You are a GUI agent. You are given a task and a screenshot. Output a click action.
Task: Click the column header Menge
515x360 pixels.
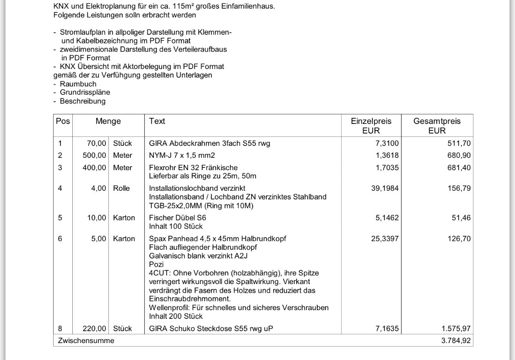click(x=108, y=121)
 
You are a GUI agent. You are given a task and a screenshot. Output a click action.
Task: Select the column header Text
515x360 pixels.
click(x=157, y=121)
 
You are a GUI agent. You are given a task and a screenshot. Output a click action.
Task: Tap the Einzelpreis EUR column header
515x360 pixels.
click(x=371, y=126)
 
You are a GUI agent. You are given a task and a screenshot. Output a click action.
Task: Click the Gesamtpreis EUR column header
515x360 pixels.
click(x=437, y=126)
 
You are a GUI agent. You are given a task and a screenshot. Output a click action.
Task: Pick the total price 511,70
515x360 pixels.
click(x=459, y=144)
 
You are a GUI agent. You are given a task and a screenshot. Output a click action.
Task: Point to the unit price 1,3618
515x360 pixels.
click(x=387, y=156)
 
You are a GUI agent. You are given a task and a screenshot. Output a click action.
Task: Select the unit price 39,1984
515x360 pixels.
click(x=385, y=188)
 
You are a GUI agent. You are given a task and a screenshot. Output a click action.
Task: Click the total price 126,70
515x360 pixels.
click(x=459, y=239)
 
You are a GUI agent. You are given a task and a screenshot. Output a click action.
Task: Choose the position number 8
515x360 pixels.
click(x=60, y=328)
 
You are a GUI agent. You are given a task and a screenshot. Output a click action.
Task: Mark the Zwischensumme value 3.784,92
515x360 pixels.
click(x=456, y=341)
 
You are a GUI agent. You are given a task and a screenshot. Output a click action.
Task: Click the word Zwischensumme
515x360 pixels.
click(x=86, y=341)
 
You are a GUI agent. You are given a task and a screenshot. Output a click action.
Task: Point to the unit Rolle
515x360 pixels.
click(x=121, y=188)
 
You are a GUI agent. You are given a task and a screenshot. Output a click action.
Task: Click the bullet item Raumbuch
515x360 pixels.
click(x=78, y=84)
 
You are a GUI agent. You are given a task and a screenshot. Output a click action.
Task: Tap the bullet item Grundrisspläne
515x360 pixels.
click(x=85, y=92)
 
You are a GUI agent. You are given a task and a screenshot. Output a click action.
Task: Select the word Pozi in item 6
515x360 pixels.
click(x=156, y=264)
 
